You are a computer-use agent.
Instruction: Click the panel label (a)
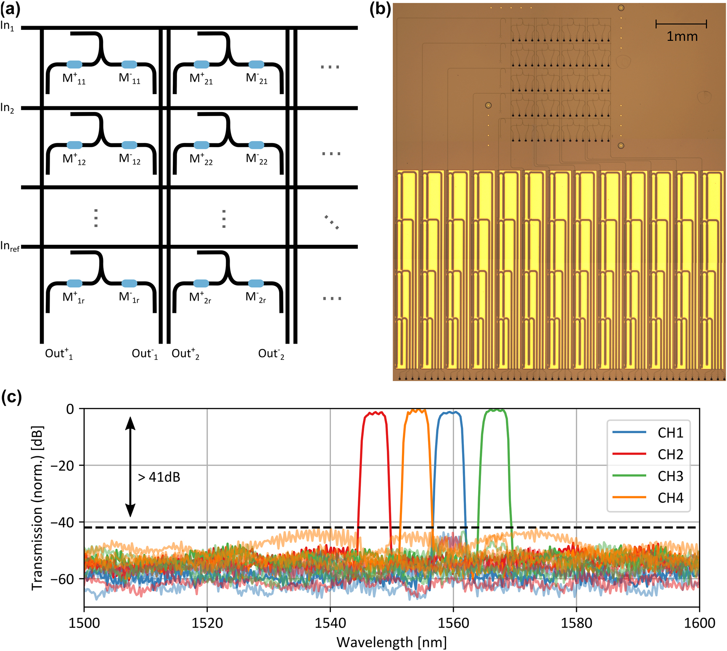(11, 9)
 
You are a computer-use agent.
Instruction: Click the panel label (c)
(11, 397)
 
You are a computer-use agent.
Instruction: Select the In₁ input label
(7, 26)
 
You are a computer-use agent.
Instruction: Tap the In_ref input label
(10, 246)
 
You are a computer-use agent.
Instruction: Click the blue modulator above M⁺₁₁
(74, 64)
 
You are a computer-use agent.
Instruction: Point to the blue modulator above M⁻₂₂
(256, 145)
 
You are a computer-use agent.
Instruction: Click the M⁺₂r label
(200, 298)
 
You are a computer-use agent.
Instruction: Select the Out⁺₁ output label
(59, 354)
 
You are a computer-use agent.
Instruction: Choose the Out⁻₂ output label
(271, 354)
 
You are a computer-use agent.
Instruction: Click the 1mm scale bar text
(682, 37)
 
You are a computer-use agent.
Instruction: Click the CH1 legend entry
(670, 433)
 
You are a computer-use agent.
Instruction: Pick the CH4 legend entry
(670, 498)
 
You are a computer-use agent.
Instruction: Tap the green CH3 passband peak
(495, 410)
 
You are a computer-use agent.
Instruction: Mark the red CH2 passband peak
(374, 413)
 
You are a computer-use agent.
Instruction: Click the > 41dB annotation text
(159, 477)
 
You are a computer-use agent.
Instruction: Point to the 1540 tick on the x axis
(330, 623)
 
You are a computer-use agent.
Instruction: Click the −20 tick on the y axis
(62, 466)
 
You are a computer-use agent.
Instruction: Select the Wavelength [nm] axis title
(391, 642)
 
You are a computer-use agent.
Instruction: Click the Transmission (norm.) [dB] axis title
(37, 508)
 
